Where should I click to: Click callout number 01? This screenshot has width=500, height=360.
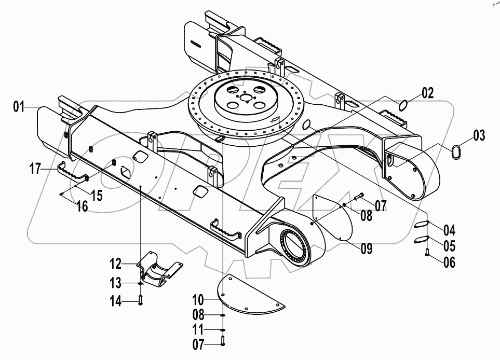19,108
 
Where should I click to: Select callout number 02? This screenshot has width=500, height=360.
427,94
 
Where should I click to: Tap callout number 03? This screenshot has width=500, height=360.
478,137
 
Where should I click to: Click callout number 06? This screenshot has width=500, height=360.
449,262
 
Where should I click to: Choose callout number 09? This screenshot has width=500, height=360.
367,249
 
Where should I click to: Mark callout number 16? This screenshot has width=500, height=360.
82,206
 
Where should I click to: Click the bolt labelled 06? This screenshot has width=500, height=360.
426,253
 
